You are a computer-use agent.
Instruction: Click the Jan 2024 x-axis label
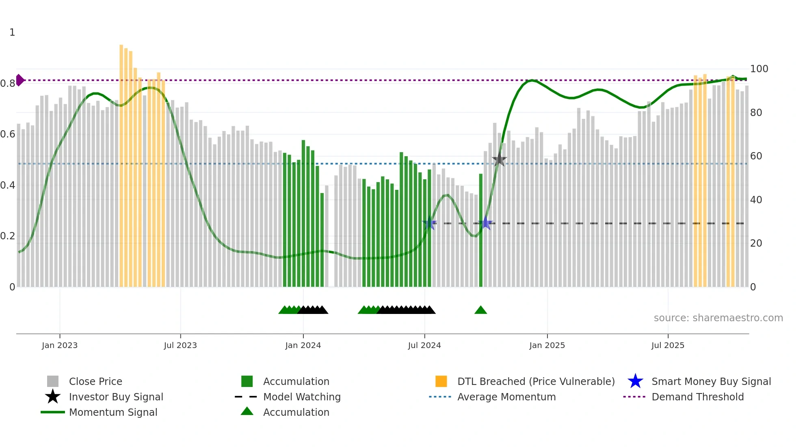click(x=303, y=345)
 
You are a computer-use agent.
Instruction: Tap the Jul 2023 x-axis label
click(x=180, y=345)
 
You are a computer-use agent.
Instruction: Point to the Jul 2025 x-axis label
click(x=668, y=345)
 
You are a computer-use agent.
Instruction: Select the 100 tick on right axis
click(x=759, y=69)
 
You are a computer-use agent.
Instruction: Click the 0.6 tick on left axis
click(x=8, y=134)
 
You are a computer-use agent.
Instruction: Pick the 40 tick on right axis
click(x=756, y=200)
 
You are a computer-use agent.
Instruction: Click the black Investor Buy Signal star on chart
click(x=499, y=160)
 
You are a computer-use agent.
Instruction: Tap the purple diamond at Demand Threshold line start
click(x=19, y=80)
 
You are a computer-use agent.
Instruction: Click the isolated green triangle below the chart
click(x=480, y=310)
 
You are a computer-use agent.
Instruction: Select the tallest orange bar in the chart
click(x=121, y=162)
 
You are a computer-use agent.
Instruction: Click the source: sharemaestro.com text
click(x=718, y=318)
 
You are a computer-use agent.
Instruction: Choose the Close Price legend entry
click(x=95, y=381)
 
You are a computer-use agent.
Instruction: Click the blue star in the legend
click(x=635, y=381)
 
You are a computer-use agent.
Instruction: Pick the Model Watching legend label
click(x=302, y=397)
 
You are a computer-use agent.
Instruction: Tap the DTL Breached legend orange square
click(x=441, y=381)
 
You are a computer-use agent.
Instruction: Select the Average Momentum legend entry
click(x=506, y=397)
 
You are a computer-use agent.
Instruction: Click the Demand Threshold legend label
click(x=697, y=397)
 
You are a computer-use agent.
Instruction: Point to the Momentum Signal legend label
click(x=113, y=412)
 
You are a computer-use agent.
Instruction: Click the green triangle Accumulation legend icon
click(x=247, y=411)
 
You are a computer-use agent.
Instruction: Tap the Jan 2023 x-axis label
click(x=59, y=345)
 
